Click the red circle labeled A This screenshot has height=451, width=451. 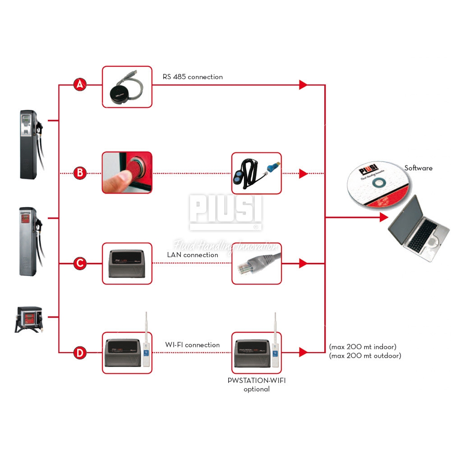pos(80,84)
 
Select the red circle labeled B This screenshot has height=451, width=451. pos(80,172)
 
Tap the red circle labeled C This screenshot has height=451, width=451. pos(80,263)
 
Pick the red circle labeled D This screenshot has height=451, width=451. pos(80,353)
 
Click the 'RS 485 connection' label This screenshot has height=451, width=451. pos(193,77)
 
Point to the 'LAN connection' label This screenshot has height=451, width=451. pos(193,255)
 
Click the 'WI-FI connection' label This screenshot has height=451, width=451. pos(193,345)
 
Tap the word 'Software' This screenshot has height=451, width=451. pos(418,168)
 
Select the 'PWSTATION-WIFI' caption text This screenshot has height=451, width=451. pos(257,380)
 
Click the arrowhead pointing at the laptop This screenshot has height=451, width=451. pos(383,217)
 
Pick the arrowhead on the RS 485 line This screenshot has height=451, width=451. pos(303,84)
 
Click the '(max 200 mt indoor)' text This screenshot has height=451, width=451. pos(363,347)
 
